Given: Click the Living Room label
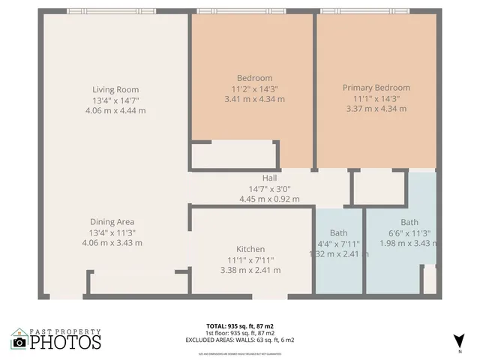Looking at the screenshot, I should click(x=115, y=90).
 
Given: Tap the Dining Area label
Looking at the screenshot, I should click(x=112, y=222).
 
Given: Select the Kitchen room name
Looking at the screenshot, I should click(x=250, y=249).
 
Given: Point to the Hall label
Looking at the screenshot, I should click(x=269, y=178).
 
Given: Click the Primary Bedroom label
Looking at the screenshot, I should click(x=376, y=88).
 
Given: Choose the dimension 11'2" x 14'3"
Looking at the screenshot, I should click(x=254, y=88).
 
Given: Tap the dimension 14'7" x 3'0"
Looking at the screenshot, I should click(x=269, y=189).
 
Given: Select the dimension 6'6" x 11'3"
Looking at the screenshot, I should click(x=409, y=232).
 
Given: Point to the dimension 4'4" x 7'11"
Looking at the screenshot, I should click(x=338, y=243).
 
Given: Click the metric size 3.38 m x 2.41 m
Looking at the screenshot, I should click(x=250, y=270).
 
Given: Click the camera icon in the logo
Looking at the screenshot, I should click(x=19, y=342).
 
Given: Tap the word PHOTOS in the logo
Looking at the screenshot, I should click(x=65, y=342).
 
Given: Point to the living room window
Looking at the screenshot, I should click(x=111, y=11).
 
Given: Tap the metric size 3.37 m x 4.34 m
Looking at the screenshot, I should click(x=376, y=109).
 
